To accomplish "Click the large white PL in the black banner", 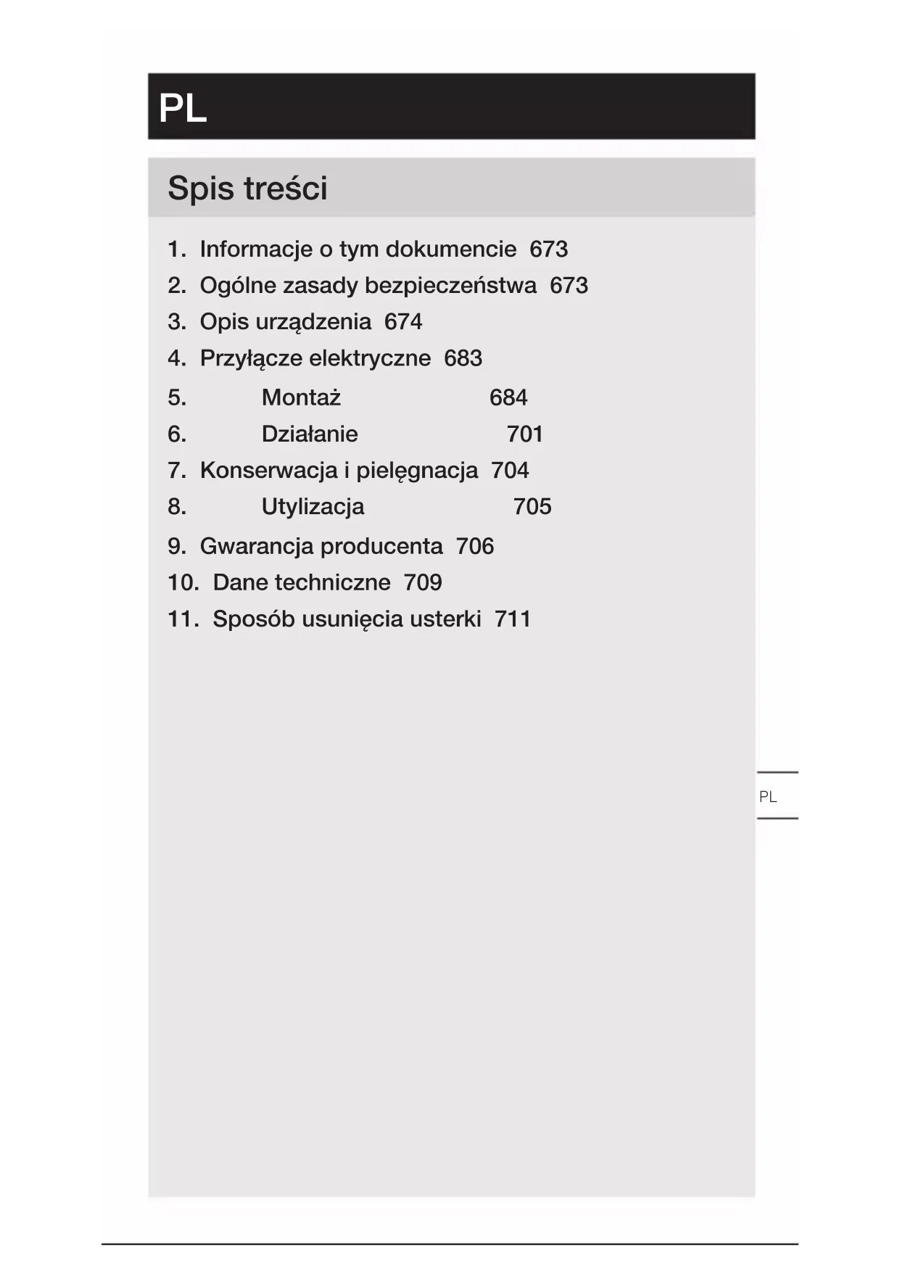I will click(183, 109).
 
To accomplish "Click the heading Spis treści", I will click(247, 189).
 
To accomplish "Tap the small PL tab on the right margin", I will click(768, 797).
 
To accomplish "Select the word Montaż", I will click(301, 397).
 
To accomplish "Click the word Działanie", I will click(310, 434).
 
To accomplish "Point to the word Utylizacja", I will click(313, 506).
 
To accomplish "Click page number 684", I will click(508, 397).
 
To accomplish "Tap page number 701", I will click(525, 434).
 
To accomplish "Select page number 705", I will click(532, 506).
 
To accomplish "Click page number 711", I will click(513, 619).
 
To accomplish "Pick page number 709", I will click(423, 582).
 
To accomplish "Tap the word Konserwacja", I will click(268, 470).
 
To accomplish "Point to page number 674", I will click(403, 321).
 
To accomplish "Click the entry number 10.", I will click(183, 582).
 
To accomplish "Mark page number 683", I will click(463, 358).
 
